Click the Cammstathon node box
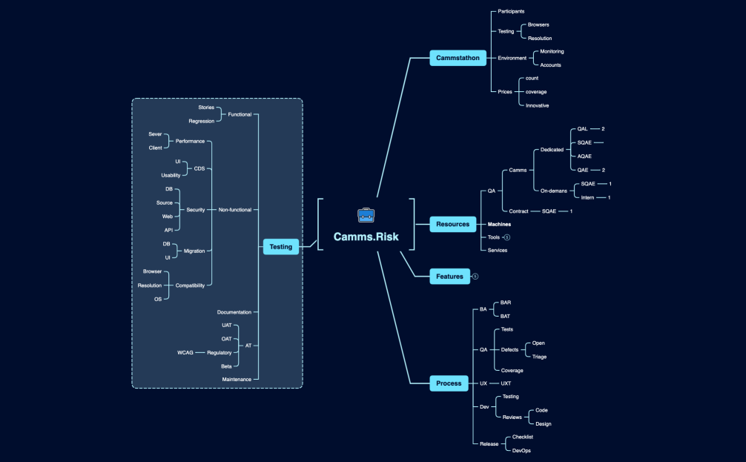(458, 58)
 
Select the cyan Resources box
(452, 224)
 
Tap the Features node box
(449, 277)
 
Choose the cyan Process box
(449, 383)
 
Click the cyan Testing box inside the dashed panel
(280, 247)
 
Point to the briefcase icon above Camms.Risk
(366, 215)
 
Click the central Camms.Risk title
(366, 237)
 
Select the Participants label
(511, 11)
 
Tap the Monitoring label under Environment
(552, 51)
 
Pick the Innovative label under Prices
(537, 105)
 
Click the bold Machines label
(498, 224)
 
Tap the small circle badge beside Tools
(507, 237)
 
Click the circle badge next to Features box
(475, 277)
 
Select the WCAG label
(185, 352)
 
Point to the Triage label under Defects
(539, 357)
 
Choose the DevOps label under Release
(521, 450)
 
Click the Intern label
(587, 197)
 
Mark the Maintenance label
(237, 379)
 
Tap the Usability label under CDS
(170, 175)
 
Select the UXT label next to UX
(506, 383)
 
